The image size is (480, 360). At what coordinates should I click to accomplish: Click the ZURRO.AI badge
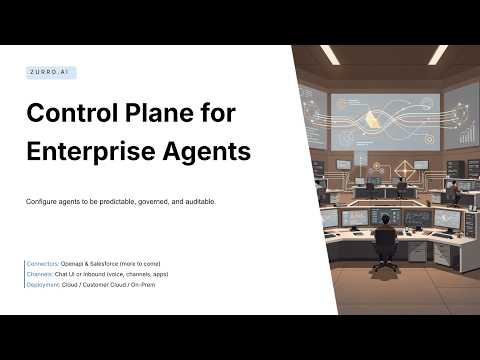coord(51,73)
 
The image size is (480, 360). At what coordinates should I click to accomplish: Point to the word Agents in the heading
coord(206,152)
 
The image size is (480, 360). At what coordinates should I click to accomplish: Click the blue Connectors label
coord(44,262)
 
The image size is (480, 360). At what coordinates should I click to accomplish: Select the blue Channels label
coord(41,273)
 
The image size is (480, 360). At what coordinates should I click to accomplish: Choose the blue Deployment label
coord(45,284)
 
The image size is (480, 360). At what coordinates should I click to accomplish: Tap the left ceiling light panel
coord(329,54)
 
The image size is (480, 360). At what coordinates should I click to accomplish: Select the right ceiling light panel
coord(436,54)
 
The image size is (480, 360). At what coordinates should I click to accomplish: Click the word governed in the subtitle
coord(163,202)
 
